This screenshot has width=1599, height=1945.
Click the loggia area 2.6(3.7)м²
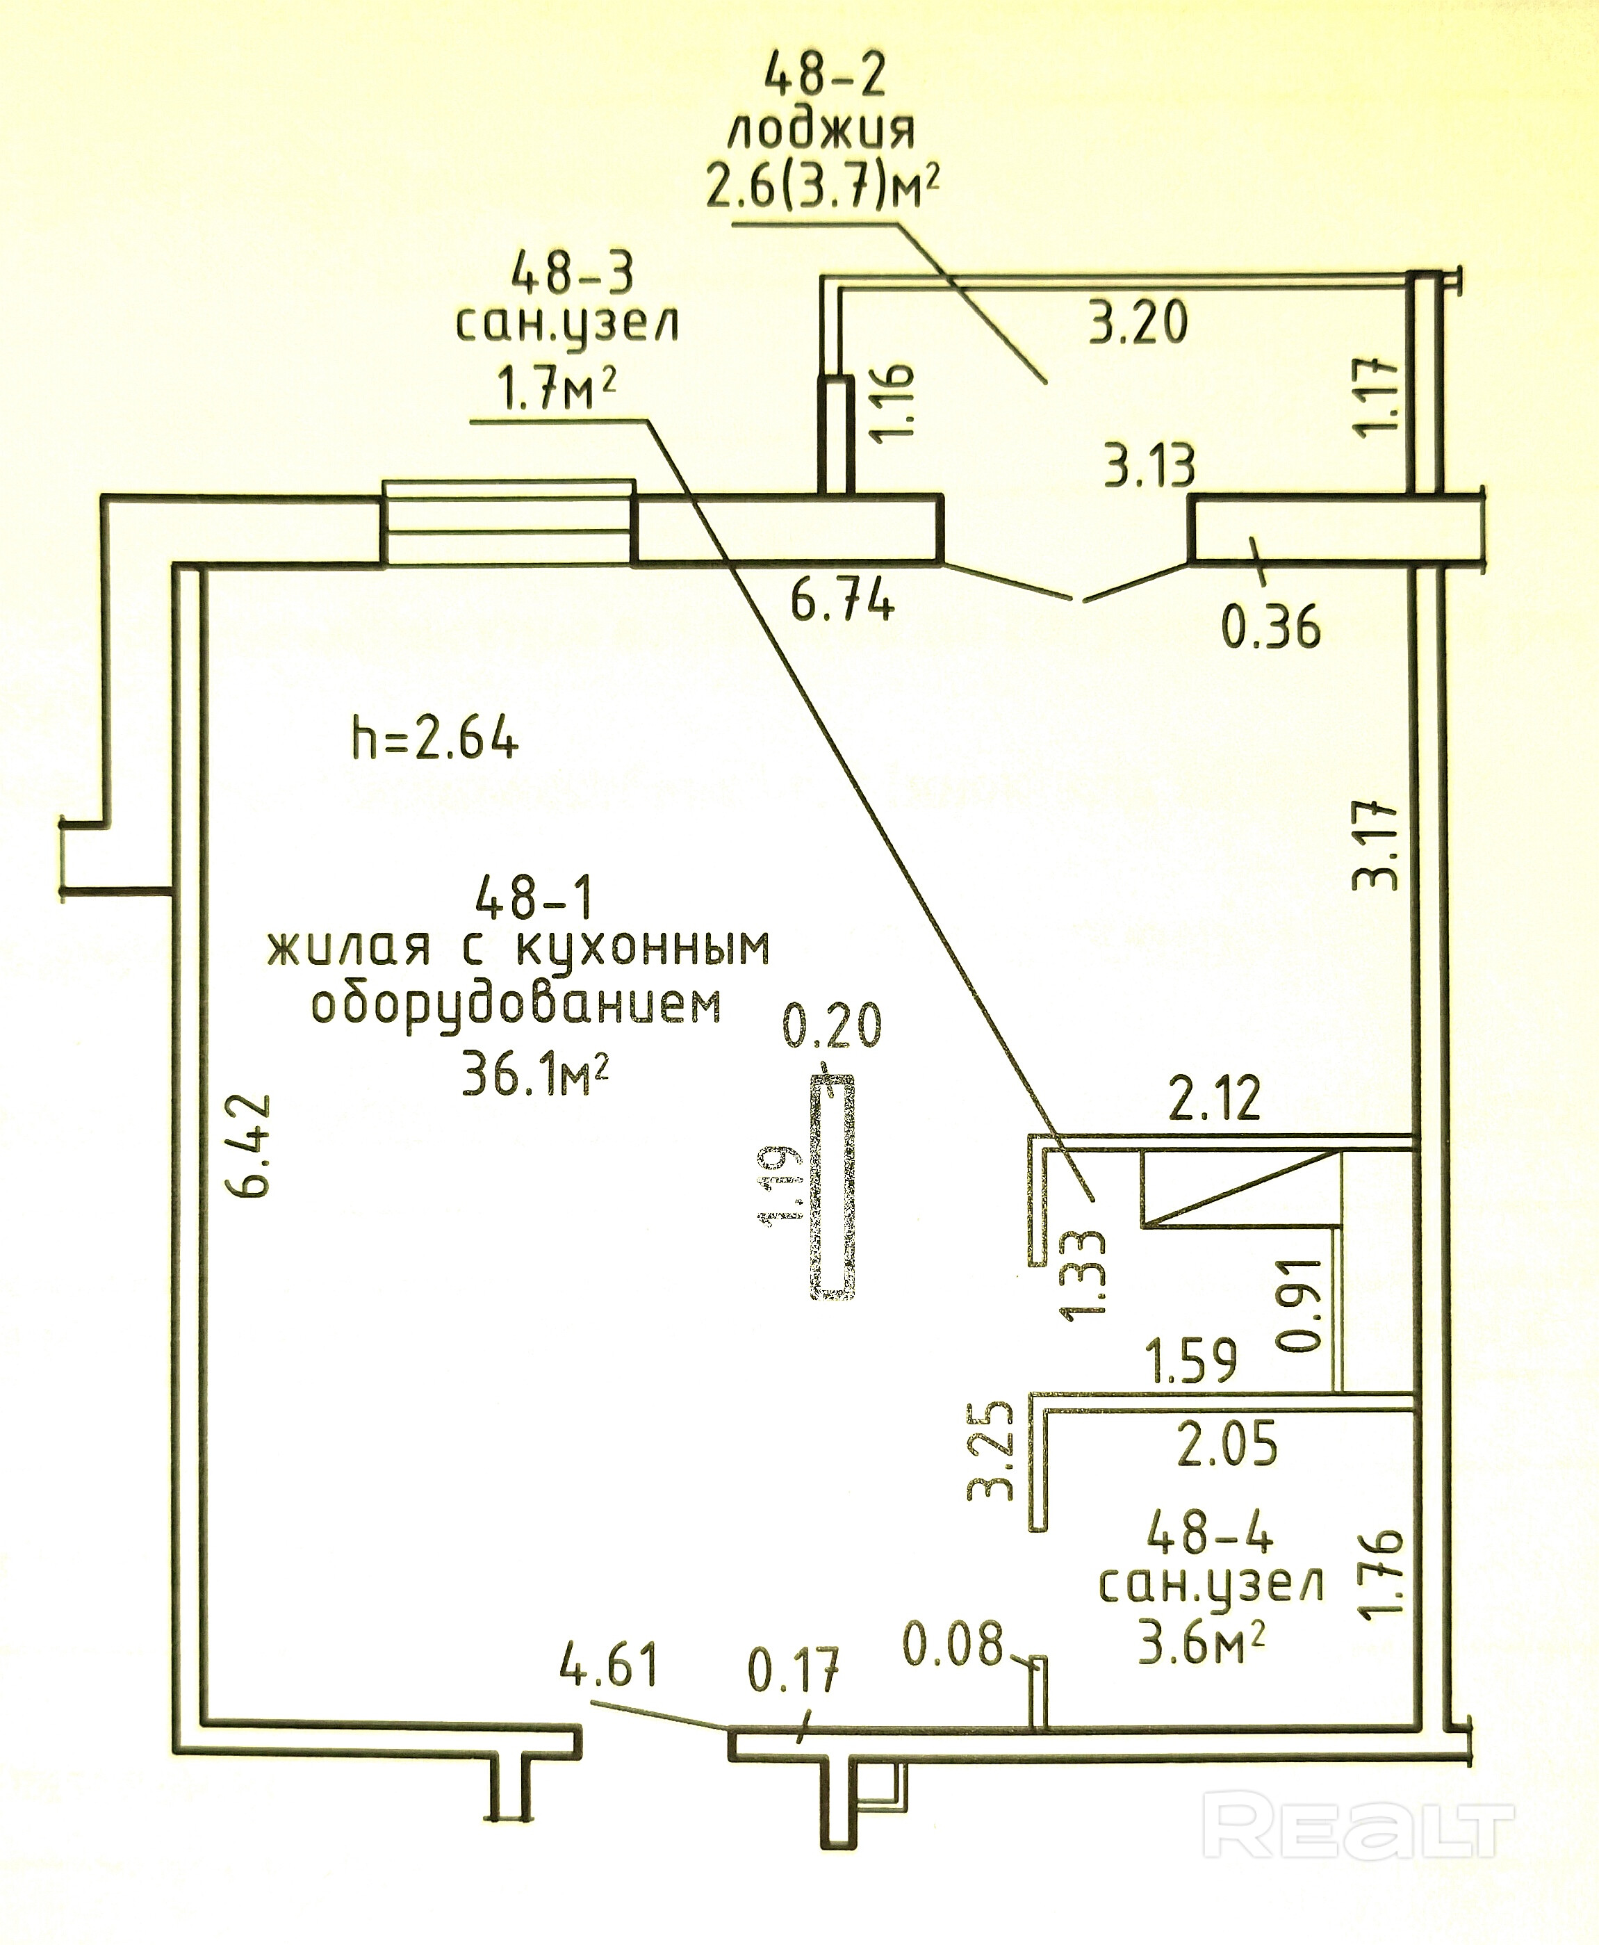(823, 188)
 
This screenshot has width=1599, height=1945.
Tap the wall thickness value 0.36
(1271, 628)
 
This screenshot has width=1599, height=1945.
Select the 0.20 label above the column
(833, 1025)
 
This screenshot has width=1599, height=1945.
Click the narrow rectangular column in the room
(833, 1187)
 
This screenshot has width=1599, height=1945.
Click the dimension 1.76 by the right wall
(1384, 1571)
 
